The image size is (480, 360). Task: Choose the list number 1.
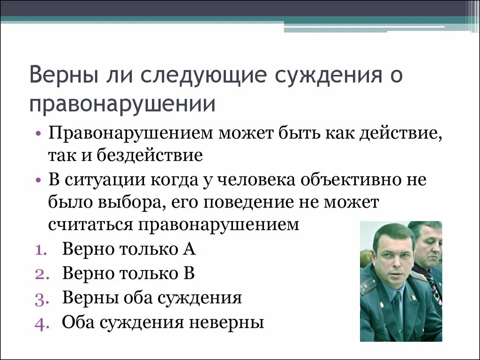40,250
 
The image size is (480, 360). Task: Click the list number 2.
40,274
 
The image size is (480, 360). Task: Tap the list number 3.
40,299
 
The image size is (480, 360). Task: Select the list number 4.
40,323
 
